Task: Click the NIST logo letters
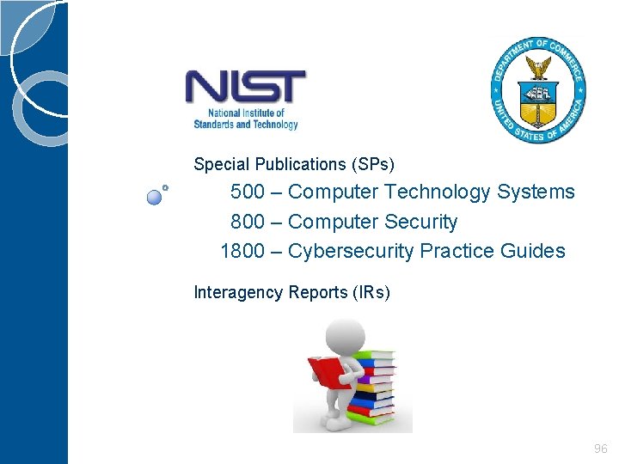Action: (245, 88)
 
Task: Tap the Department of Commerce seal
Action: (538, 90)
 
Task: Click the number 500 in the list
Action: (248, 192)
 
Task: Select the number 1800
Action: (242, 251)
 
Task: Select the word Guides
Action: (536, 251)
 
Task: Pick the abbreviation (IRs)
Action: (371, 293)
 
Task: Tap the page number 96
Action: (600, 449)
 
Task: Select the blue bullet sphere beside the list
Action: (154, 197)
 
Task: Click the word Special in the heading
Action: (220, 164)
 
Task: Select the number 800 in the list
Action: (248, 222)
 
